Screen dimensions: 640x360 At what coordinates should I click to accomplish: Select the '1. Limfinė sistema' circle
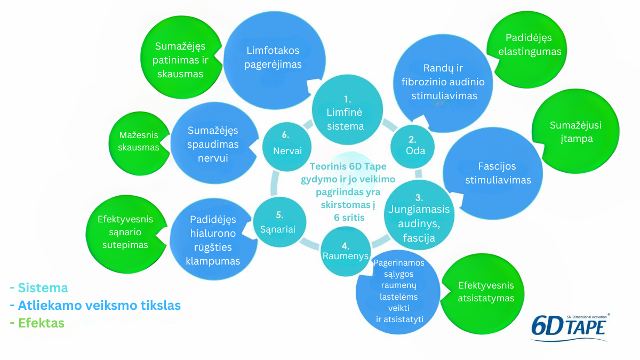coord(347,110)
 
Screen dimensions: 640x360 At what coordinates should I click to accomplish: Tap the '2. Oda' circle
coord(412,147)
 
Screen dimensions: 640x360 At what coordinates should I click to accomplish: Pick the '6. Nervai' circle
coord(287,147)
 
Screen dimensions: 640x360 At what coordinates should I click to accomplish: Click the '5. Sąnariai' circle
coord(279,222)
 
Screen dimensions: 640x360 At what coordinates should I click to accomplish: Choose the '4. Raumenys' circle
coord(346,251)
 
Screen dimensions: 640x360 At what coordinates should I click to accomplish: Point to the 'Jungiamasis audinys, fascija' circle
coord(419,215)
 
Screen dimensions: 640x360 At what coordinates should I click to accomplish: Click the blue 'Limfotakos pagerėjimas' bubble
coord(274,60)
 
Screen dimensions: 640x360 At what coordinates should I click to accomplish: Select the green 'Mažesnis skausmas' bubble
coord(139,143)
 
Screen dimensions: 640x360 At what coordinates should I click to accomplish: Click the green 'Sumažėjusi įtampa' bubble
coord(575,131)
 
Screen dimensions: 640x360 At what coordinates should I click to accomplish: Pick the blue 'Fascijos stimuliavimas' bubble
coord(493,173)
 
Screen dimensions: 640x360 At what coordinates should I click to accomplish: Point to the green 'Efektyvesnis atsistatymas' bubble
coord(482,294)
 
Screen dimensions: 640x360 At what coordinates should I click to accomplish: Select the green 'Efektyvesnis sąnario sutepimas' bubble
coord(126,234)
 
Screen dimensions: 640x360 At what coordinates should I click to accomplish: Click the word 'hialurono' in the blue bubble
coord(213,233)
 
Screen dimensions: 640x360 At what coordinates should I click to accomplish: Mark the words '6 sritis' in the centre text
coord(349,218)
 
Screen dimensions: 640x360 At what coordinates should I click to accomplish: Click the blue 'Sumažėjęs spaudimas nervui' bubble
coord(214,143)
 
